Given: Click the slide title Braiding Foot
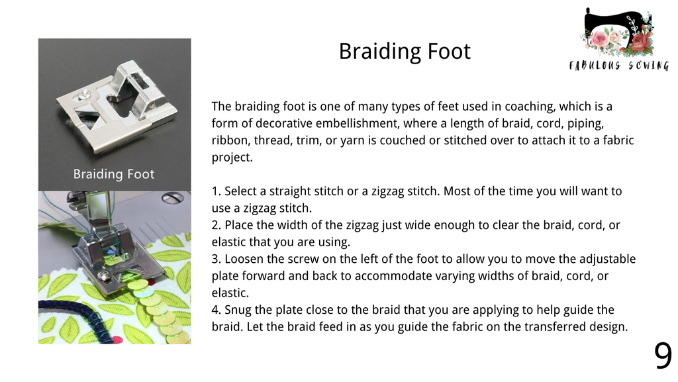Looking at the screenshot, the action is pyautogui.click(x=405, y=52).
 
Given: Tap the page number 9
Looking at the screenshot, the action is pyautogui.click(x=663, y=356).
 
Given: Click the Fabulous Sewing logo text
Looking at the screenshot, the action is pyautogui.click(x=619, y=66).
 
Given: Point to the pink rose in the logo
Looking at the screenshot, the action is pyautogui.click(x=600, y=39).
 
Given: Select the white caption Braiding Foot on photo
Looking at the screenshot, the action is pyautogui.click(x=114, y=173).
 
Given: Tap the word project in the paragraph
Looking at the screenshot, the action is pyautogui.click(x=232, y=158).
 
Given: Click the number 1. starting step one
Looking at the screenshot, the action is pyautogui.click(x=217, y=191).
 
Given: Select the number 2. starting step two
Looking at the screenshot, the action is pyautogui.click(x=217, y=225).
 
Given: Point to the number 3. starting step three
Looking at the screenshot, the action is pyautogui.click(x=217, y=259).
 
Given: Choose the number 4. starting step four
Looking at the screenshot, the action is pyautogui.click(x=217, y=310).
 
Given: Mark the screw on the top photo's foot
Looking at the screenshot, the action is pyautogui.click(x=83, y=94).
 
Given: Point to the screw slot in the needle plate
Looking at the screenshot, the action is pyautogui.click(x=173, y=199).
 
